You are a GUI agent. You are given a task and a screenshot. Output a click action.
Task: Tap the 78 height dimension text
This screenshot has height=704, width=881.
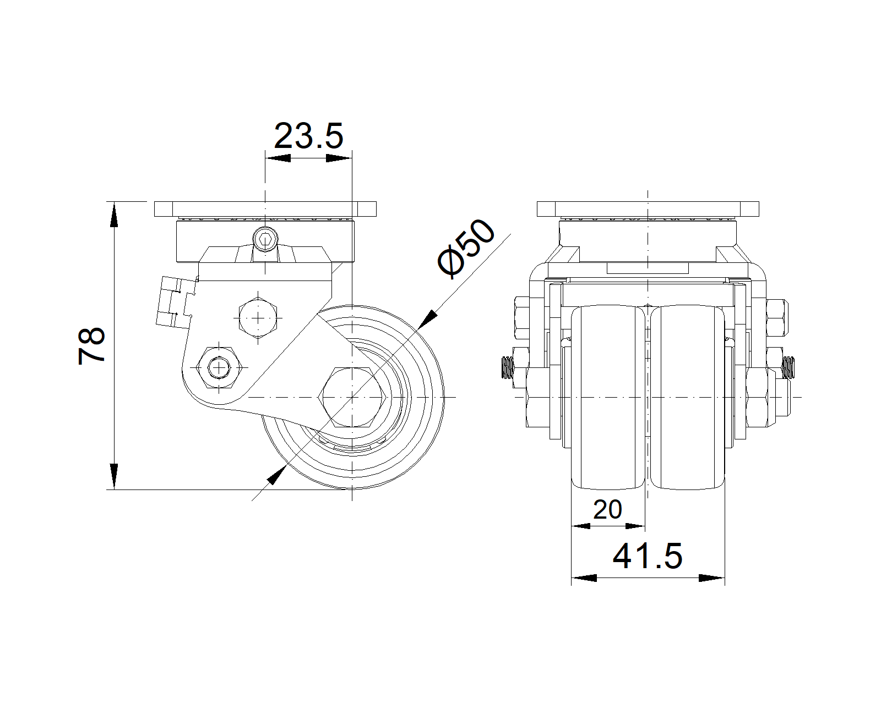click(92, 345)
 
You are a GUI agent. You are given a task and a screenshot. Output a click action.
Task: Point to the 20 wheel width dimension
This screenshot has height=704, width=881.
click(607, 510)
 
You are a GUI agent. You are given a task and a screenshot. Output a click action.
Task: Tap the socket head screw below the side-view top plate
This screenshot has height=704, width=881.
click(265, 240)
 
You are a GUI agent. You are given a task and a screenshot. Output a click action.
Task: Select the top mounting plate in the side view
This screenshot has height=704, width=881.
click(265, 210)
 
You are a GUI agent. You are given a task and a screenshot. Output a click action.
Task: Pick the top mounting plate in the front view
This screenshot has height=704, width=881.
click(648, 210)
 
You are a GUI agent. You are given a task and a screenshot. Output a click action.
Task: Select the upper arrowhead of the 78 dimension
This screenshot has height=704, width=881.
click(114, 215)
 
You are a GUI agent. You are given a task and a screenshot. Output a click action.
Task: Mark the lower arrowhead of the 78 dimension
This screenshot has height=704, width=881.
click(114, 476)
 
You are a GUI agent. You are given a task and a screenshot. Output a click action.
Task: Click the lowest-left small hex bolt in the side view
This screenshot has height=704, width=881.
click(220, 366)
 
